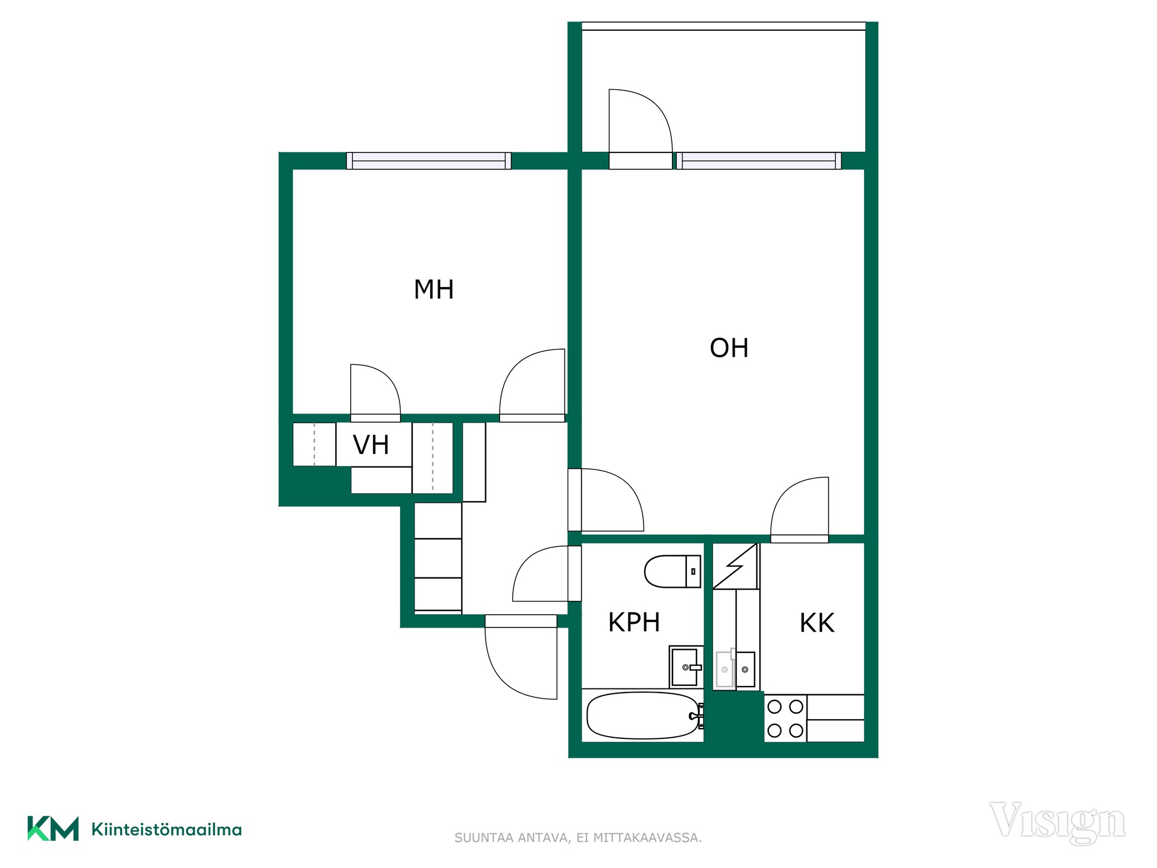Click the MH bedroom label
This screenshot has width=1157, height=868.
coord(433,289)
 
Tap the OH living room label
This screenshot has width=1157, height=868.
coord(729,348)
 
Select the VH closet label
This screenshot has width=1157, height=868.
coord(371,445)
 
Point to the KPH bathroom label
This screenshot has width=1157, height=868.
coord(634,622)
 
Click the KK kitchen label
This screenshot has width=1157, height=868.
coord(817,623)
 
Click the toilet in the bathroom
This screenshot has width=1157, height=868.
coord(673,571)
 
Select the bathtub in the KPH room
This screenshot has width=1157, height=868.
coord(644,715)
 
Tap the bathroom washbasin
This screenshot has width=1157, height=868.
coord(686,667)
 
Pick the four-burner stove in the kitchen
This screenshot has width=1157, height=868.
coord(785,718)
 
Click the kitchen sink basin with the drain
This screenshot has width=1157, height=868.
coord(745,669)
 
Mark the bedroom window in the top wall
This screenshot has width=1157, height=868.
coord(428,161)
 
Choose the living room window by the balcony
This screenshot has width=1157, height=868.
coord(759,161)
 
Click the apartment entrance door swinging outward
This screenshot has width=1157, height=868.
coord(521,657)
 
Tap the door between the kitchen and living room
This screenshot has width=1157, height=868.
coord(800,510)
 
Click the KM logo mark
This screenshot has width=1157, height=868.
coord(53,828)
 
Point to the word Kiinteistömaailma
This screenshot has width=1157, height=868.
coord(166,829)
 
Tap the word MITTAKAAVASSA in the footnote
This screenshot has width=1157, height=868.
coord(648,838)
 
